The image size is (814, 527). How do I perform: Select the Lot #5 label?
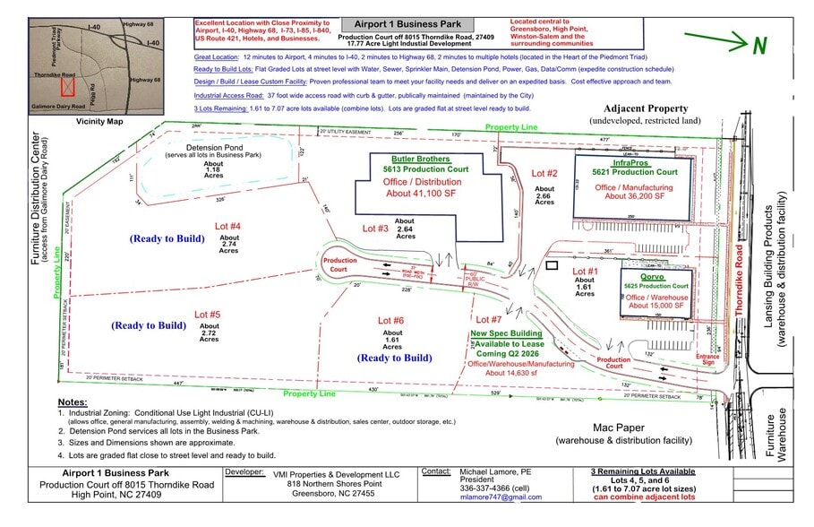(208, 315)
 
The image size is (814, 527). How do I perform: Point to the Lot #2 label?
(544, 172)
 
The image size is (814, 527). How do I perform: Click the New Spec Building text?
(503, 333)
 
